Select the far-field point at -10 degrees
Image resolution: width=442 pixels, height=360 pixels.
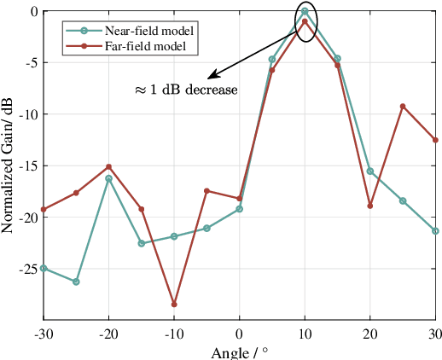tap(174, 305)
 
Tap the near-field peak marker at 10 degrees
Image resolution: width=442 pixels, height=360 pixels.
tap(305, 11)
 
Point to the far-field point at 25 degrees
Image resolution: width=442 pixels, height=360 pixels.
tap(403, 106)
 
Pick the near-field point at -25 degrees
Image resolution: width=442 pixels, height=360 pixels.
tap(76, 282)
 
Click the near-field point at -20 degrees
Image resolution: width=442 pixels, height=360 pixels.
tap(108, 178)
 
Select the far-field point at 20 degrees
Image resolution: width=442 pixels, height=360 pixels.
tap(370, 206)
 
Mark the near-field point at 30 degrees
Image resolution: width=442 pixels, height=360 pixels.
tap(435, 231)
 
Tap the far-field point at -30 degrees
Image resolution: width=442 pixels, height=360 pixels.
tap(44, 209)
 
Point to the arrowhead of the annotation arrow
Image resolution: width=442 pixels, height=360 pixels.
tap(208, 78)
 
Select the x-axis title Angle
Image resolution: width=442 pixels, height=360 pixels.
tap(239, 353)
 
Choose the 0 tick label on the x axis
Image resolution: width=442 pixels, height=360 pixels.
tap(240, 334)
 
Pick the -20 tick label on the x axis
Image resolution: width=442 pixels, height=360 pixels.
tap(108, 334)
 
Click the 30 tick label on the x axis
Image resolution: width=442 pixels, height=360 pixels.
tap(434, 334)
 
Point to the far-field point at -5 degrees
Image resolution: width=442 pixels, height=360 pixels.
tap(206, 191)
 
